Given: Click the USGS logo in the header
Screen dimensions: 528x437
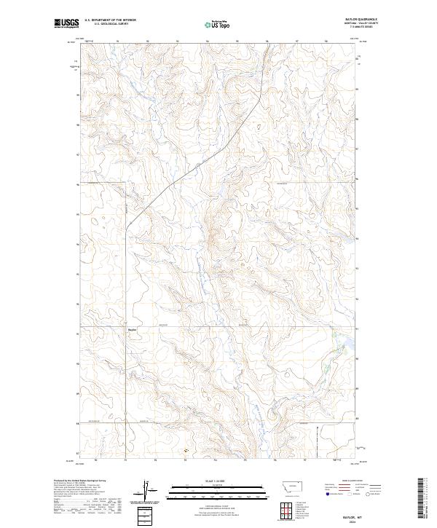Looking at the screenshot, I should (x=66, y=23).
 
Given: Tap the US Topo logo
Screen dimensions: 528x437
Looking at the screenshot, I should (x=219, y=24).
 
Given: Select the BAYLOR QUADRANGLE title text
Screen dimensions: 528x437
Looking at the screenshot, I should (x=366, y=20).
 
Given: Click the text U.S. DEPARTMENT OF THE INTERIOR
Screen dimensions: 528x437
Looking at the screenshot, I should (x=110, y=20).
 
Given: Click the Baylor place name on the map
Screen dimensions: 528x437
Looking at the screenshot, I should (x=132, y=330).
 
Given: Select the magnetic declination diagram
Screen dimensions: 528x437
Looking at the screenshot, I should (x=148, y=489).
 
